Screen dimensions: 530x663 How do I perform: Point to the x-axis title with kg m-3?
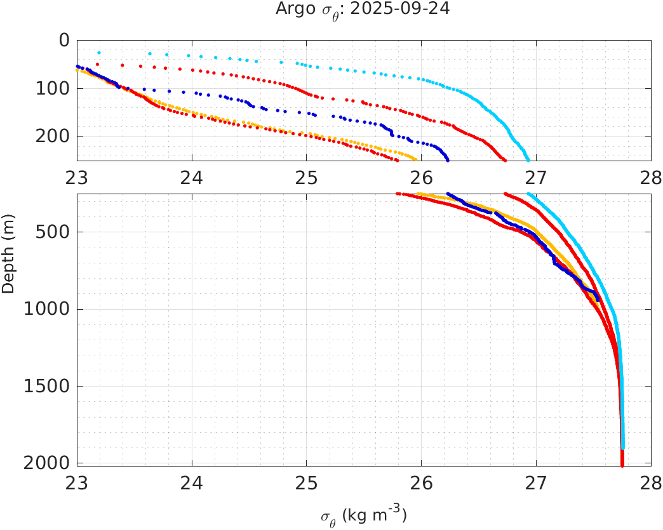point(363,515)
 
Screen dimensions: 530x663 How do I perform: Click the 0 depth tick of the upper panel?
point(64,40)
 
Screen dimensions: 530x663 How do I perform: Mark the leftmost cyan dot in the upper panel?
point(99,53)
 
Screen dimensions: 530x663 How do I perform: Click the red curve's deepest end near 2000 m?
point(622,465)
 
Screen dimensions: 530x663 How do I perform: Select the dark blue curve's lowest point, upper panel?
point(448,159)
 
